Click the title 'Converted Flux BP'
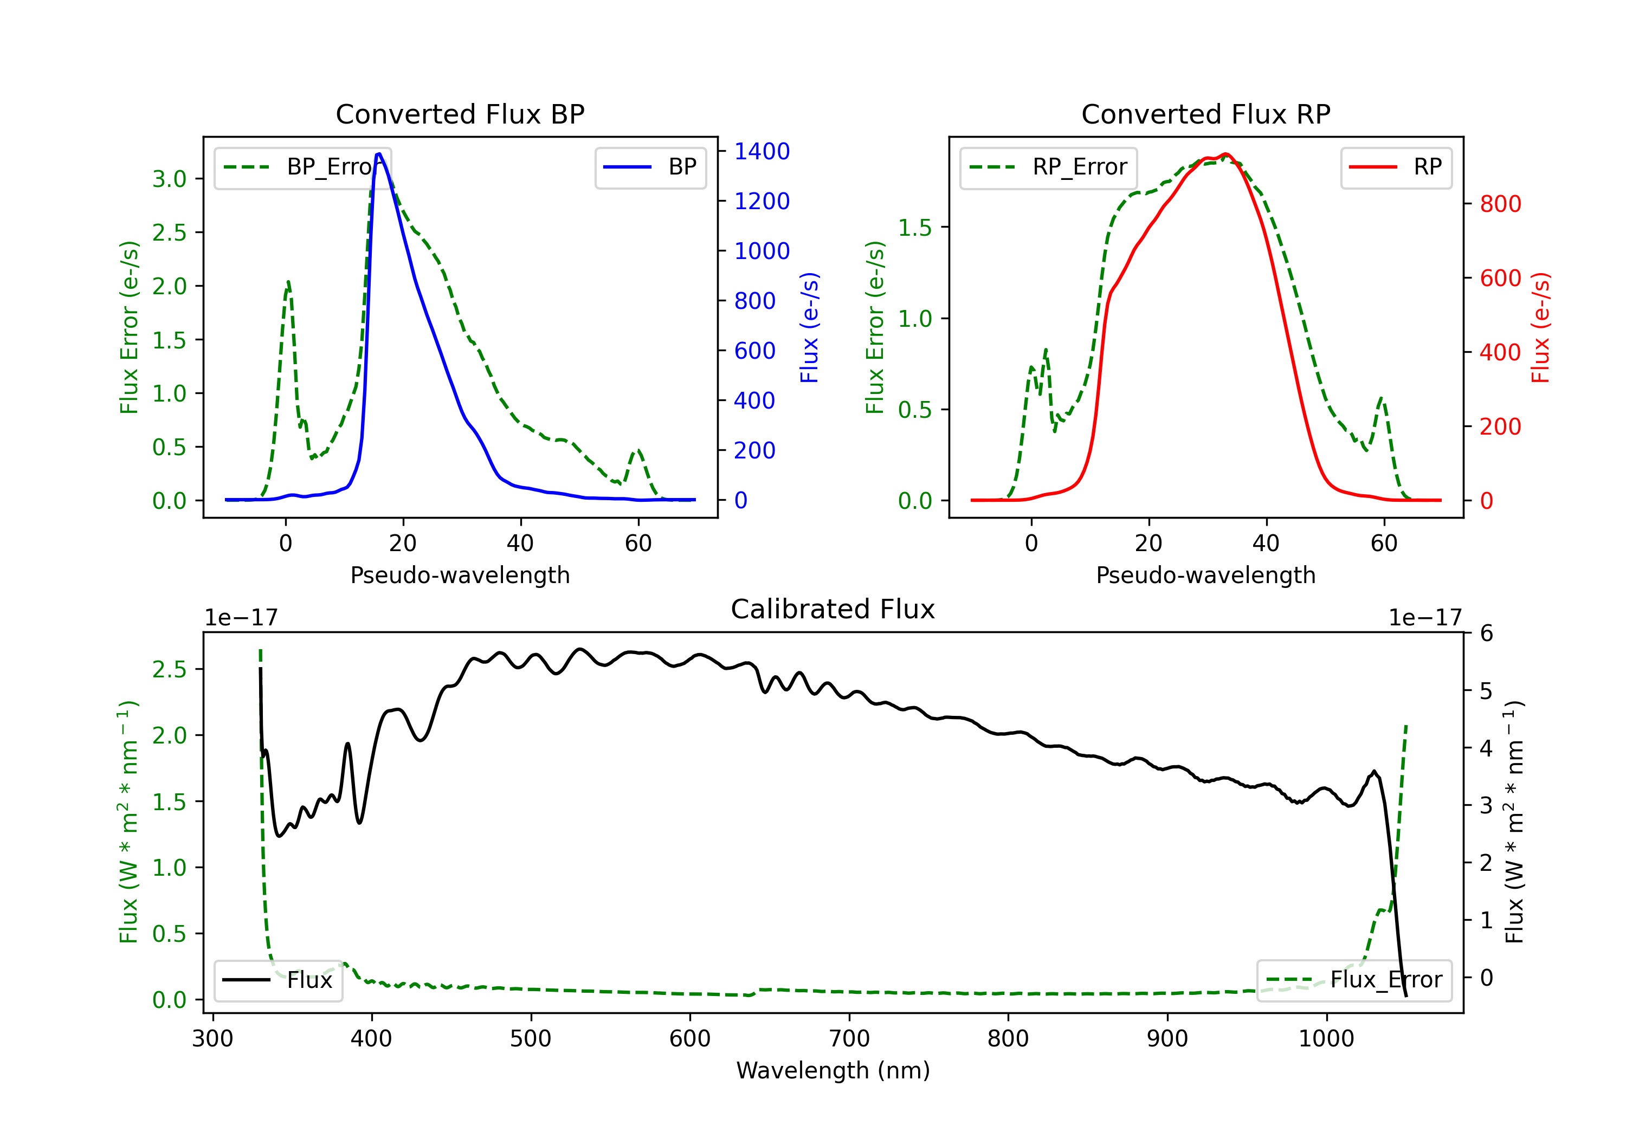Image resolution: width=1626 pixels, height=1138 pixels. tap(460, 114)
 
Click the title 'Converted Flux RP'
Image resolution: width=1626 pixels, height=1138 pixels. tap(1205, 114)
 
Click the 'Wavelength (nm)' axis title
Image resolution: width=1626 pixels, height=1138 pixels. tap(833, 1070)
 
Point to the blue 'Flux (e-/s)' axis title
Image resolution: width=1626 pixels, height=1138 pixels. tap(809, 327)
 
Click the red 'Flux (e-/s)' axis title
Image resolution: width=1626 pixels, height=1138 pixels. tap(1540, 327)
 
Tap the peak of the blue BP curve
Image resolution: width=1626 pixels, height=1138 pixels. tap(379, 154)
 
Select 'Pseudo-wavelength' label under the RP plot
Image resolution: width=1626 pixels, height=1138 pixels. tap(1205, 575)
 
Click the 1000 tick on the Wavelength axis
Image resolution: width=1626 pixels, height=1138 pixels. tap(1326, 1039)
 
